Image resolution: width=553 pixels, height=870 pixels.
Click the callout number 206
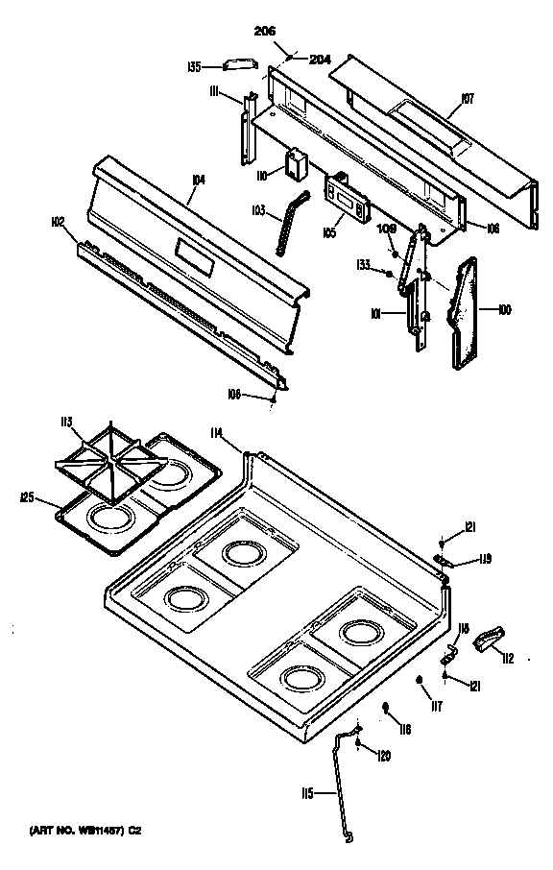pos(264,33)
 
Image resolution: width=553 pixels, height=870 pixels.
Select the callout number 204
pos(319,60)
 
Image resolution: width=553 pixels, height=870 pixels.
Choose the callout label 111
pos(217,91)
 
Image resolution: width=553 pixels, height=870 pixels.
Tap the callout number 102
pos(58,222)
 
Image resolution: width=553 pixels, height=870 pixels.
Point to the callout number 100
pos(504,310)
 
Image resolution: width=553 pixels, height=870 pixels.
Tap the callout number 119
pos(485,560)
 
